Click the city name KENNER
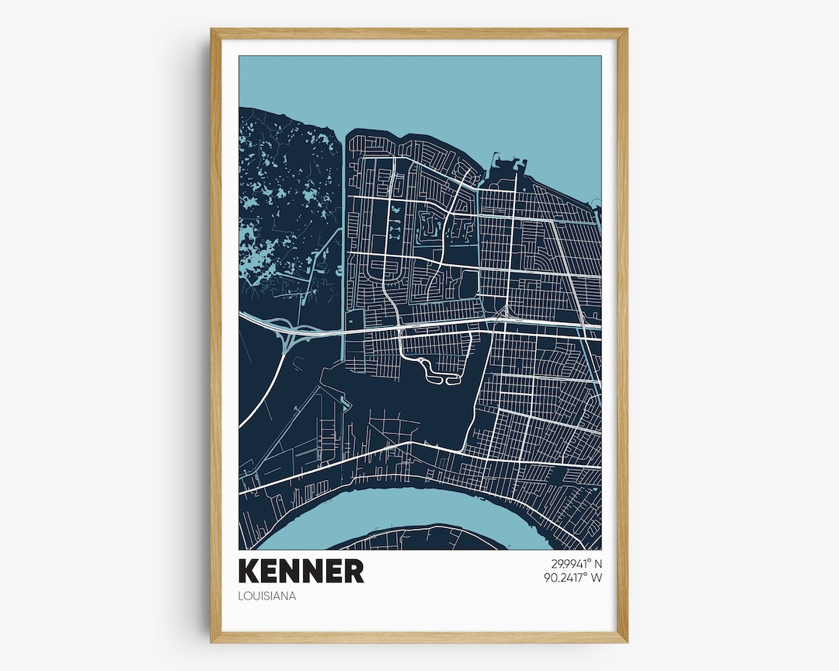tap(301, 571)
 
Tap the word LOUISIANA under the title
tap(268, 596)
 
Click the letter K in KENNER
tap(251, 571)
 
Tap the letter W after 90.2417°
tap(597, 577)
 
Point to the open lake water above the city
tap(466, 93)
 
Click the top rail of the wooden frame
tap(419, 33)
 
